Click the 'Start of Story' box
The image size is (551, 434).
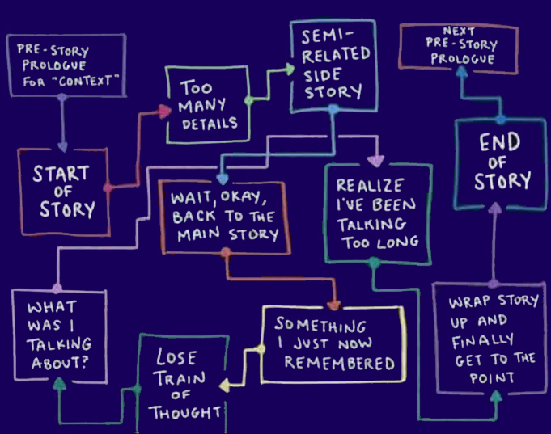(x=64, y=192)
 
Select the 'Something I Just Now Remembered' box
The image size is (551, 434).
(x=333, y=344)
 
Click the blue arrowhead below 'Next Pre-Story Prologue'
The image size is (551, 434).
(x=460, y=72)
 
